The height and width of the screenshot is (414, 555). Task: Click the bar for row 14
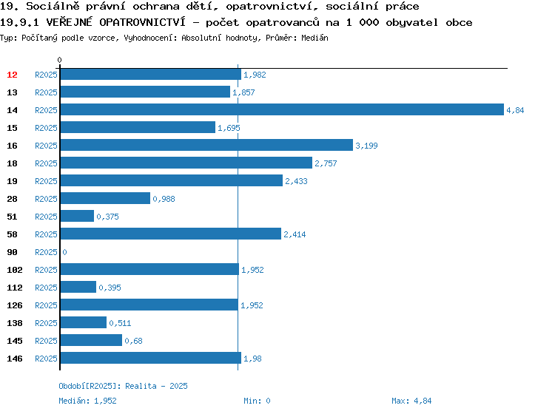pyautogui.click(x=282, y=109)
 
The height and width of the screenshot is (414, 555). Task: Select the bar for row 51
pyautogui.click(x=77, y=216)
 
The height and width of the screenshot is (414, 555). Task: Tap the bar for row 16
pyautogui.click(x=206, y=145)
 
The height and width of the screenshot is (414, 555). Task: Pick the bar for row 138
pyautogui.click(x=84, y=322)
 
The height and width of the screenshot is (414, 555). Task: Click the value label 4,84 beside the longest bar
pyautogui.click(x=515, y=110)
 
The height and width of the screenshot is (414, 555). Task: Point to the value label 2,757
pyautogui.click(x=326, y=163)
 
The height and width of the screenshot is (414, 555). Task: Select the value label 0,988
pyautogui.click(x=164, y=199)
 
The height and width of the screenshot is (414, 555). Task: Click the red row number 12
pyautogui.click(x=12, y=75)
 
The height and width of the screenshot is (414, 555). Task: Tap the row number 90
pyautogui.click(x=12, y=252)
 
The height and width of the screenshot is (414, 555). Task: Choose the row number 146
pyautogui.click(x=15, y=359)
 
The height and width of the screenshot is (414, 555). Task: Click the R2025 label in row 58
pyautogui.click(x=46, y=234)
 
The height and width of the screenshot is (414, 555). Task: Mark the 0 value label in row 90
pyautogui.click(x=64, y=252)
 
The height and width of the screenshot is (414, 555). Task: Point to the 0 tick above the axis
pyautogui.click(x=59, y=60)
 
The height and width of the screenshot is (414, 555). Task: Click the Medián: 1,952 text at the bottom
pyautogui.click(x=87, y=401)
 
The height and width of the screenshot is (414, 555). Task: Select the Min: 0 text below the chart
pyautogui.click(x=257, y=401)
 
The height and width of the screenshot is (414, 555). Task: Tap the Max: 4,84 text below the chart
pyautogui.click(x=411, y=401)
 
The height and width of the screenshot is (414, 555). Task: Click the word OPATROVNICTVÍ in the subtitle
pyautogui.click(x=142, y=22)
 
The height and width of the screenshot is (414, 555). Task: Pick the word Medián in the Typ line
pyautogui.click(x=314, y=38)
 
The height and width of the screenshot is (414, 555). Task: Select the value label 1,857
pyautogui.click(x=243, y=92)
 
